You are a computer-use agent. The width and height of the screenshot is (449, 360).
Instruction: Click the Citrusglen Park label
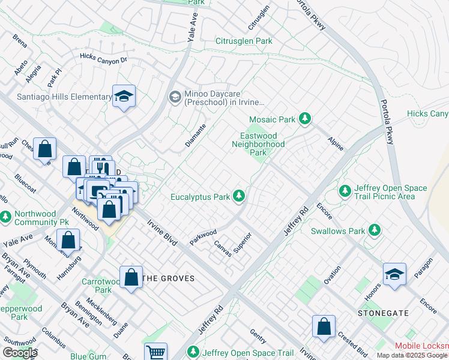click(x=244, y=41)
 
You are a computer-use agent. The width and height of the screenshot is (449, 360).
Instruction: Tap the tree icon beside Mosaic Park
click(x=306, y=119)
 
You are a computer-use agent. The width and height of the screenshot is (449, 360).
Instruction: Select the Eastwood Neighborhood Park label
click(x=258, y=144)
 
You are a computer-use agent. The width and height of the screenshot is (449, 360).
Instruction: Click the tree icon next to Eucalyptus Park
click(x=239, y=196)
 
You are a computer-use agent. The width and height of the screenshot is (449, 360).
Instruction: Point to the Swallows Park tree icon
click(x=375, y=230)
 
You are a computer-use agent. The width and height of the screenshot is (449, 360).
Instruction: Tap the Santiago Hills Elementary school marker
click(x=124, y=96)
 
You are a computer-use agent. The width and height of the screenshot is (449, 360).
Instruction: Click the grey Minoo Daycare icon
click(x=175, y=97)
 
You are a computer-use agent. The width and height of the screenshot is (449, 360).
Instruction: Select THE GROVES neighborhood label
click(x=168, y=278)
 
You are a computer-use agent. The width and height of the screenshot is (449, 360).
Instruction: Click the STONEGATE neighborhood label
click(x=383, y=313)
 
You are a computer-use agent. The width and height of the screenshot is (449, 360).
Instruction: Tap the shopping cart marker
click(x=155, y=352)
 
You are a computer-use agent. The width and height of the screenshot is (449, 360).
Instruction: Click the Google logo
click(x=19, y=353)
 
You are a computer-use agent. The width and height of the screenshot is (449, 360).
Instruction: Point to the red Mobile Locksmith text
click(x=421, y=346)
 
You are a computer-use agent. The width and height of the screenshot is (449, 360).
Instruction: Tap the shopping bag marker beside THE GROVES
click(x=131, y=277)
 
